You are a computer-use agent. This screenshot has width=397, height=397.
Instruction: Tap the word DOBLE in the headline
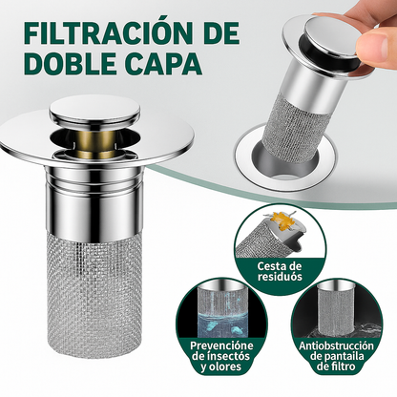[x=64, y=68]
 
